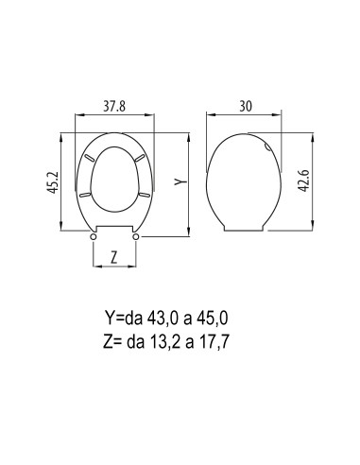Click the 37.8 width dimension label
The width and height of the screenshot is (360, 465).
pos(114,107)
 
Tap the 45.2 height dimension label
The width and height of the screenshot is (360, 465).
pos(54,182)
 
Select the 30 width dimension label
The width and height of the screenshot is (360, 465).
pos(246,107)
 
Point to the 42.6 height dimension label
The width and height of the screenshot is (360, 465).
pos(304,181)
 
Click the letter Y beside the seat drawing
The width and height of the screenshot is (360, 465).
pos(181,181)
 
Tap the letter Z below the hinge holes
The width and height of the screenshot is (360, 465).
pos(114,258)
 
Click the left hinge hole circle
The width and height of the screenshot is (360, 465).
pos(94,237)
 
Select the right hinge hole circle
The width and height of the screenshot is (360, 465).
pos(136,237)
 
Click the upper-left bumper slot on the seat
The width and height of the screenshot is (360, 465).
pos(90,158)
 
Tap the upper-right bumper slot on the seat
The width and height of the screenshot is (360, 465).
pos(140,159)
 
